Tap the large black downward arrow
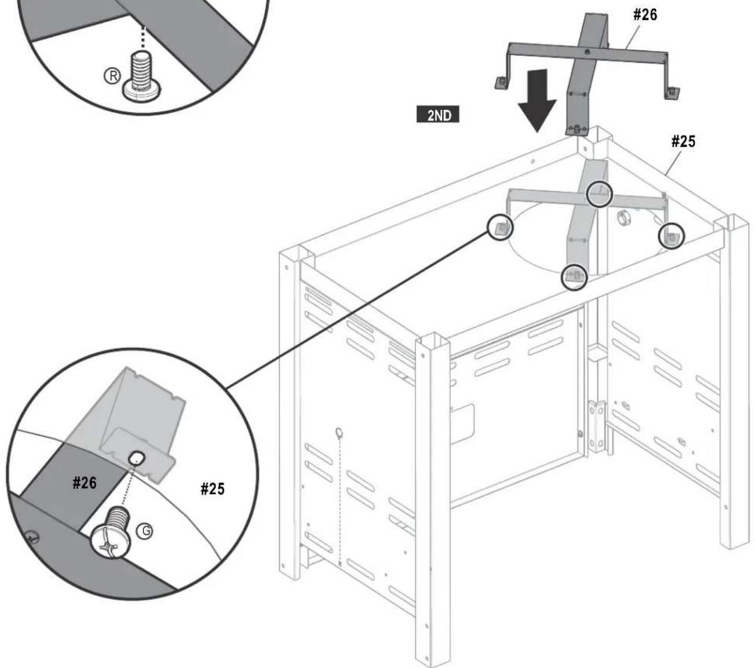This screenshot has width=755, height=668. (x=537, y=100)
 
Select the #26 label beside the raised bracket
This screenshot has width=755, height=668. (x=645, y=14)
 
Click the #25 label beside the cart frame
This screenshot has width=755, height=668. (x=683, y=141)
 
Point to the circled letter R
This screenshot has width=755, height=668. (x=112, y=76)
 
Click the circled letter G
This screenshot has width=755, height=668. (x=145, y=531)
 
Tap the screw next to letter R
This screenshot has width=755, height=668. (x=142, y=76)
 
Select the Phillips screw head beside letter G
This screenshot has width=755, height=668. (x=111, y=541)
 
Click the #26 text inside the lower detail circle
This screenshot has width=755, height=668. (x=85, y=483)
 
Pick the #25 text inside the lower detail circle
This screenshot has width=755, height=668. (x=213, y=489)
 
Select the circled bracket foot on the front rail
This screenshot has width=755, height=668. (x=574, y=276)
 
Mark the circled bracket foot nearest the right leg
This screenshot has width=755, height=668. (x=671, y=236)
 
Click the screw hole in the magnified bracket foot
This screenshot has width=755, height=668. (x=136, y=458)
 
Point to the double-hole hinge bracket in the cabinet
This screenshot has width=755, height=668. (x=597, y=426)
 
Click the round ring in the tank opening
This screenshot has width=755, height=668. (x=623, y=218)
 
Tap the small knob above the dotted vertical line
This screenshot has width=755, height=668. (x=339, y=432)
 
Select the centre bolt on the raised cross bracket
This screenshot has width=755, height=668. (x=587, y=52)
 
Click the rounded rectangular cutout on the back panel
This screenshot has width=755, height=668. (x=462, y=424)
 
